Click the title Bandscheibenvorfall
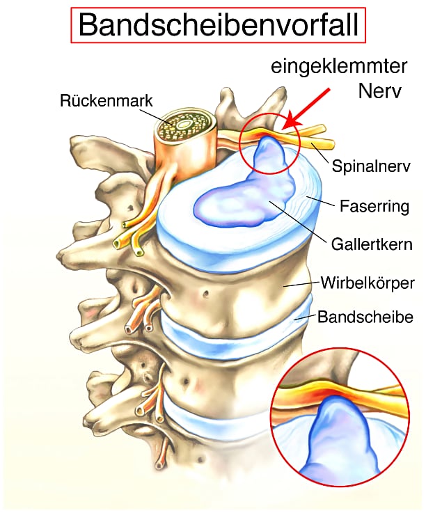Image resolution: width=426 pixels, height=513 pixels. click(x=219, y=25)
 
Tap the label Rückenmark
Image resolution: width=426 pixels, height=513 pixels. click(x=106, y=100)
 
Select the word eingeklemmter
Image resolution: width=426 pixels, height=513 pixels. click(x=339, y=66)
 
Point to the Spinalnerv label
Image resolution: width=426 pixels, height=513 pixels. click(x=371, y=166)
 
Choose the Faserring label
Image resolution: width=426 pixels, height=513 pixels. click(x=374, y=206)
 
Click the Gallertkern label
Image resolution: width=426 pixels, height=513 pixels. click(x=372, y=244)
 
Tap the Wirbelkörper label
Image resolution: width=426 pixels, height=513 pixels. click(x=368, y=283)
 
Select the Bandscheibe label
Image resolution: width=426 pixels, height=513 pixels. click(x=365, y=317)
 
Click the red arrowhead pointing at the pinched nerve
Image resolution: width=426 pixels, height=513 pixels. click(x=291, y=123)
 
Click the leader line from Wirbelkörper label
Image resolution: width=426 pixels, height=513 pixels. click(x=301, y=284)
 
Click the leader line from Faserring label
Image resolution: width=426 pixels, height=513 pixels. click(x=320, y=201)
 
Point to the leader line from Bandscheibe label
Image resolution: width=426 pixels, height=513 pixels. click(x=305, y=317)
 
